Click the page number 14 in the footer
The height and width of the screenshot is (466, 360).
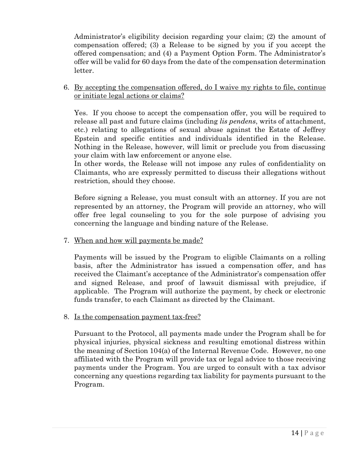pyautogui.click(x=295, y=433)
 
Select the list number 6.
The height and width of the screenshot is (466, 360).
pyautogui.click(x=66, y=88)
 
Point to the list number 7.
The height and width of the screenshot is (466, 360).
pyautogui.click(x=66, y=241)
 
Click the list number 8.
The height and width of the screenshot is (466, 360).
pyautogui.click(x=66, y=317)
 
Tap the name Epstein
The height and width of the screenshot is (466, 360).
pyautogui.click(x=87, y=138)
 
